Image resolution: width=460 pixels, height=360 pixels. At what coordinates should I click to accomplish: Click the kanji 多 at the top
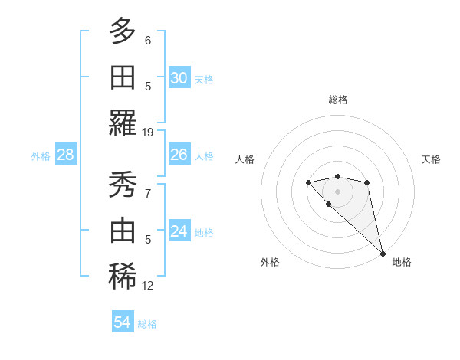[x=123, y=31]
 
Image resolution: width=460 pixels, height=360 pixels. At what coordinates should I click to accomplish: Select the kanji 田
[x=123, y=77]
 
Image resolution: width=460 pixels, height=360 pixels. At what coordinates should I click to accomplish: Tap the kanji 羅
[x=123, y=123]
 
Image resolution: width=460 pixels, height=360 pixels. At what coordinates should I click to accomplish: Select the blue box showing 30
[x=179, y=77]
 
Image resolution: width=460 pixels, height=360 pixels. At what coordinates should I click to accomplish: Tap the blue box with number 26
[x=179, y=155]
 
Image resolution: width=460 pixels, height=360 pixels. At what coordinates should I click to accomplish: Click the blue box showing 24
[x=179, y=231]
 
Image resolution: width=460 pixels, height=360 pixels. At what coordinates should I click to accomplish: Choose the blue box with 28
[x=66, y=155]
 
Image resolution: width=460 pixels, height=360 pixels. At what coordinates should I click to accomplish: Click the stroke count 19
[x=148, y=133]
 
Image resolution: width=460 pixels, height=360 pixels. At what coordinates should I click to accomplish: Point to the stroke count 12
[x=148, y=286]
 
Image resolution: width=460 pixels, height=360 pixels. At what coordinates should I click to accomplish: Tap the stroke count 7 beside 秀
[x=148, y=193]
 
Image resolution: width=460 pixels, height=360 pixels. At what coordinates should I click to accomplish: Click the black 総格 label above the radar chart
[x=337, y=100]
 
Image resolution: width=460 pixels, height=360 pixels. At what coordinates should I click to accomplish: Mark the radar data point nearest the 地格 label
[x=383, y=254]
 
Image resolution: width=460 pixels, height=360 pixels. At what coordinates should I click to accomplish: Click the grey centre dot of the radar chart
[x=337, y=191]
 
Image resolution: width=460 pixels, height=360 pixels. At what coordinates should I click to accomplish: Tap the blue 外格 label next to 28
[x=41, y=155]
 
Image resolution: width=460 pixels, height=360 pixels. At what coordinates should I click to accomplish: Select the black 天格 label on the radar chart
[x=431, y=159]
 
